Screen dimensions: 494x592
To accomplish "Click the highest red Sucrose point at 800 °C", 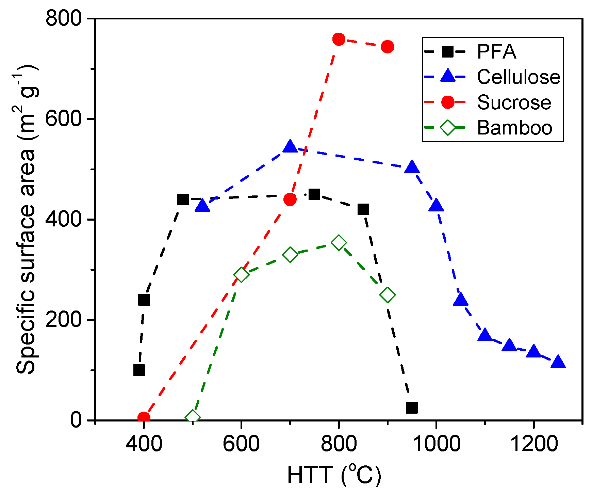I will [x=339, y=39].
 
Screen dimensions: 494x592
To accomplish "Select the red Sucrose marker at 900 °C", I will [x=387, y=47].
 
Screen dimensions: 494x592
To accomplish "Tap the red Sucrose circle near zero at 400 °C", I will [x=144, y=417].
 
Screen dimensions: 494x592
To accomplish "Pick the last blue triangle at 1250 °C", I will [x=558, y=362].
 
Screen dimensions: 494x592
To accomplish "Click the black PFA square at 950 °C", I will [x=412, y=408].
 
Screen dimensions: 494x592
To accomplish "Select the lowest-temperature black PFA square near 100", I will [x=139, y=370].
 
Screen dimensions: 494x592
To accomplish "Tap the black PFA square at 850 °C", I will [x=363, y=209].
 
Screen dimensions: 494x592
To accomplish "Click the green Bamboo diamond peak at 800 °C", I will [x=339, y=243].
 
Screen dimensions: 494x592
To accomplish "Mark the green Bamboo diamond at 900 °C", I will [x=388, y=295].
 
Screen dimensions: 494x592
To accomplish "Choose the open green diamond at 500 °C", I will [x=193, y=417].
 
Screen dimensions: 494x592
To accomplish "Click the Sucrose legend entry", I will [x=513, y=102].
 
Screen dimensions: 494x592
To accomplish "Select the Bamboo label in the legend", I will [x=514, y=128].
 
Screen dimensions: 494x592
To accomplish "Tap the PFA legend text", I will [x=496, y=52].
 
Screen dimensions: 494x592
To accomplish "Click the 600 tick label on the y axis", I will [x=64, y=119].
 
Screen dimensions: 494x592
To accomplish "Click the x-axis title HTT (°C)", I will [x=334, y=475].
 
